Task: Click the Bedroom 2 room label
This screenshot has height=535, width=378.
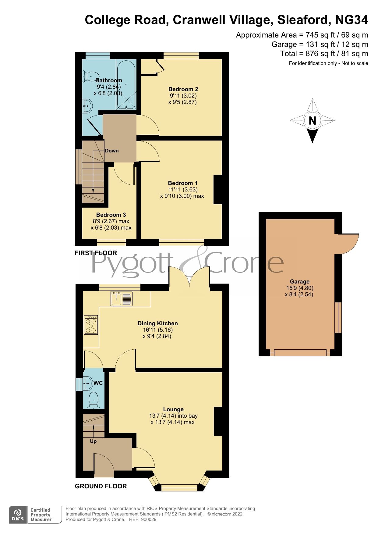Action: coord(183,89)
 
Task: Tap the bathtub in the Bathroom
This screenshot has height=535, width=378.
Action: coord(126,84)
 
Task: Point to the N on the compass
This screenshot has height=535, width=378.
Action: coord(312,121)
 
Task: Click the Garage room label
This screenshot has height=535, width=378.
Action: coord(299,282)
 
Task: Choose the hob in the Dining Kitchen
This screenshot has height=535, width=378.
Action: coord(91,325)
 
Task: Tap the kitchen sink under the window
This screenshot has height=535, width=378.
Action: coord(117,298)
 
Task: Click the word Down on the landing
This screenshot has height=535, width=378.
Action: coord(112,151)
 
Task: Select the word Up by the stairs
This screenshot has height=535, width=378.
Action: coord(93,441)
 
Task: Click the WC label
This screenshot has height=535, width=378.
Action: coord(98,383)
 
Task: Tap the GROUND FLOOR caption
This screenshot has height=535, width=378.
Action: coord(101,486)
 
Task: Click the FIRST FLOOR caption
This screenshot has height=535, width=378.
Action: coord(96,253)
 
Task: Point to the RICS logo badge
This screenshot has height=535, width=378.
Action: coord(18,515)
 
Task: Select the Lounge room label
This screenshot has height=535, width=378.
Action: coord(173,409)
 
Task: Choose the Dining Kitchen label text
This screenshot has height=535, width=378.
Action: coord(157,323)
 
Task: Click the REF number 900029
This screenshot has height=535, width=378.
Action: coord(149,519)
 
